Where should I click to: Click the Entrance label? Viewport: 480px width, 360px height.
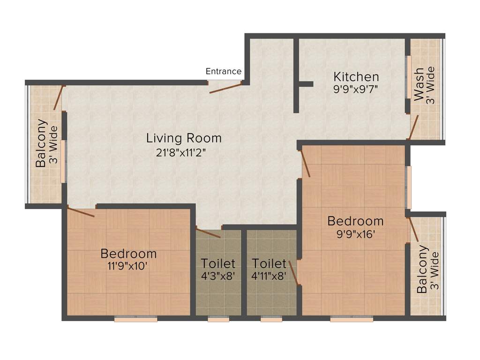[x=224, y=71]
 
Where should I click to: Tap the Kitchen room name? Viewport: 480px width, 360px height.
[x=356, y=76]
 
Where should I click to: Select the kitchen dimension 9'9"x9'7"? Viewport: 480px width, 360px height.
[x=356, y=89]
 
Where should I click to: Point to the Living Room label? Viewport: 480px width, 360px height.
[x=184, y=138]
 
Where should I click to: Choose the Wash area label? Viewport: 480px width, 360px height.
[x=419, y=85]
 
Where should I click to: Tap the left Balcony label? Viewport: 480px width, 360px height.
[x=41, y=143]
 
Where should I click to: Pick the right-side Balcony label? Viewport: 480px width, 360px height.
[x=422, y=269]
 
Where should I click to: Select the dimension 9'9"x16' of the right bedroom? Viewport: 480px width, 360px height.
[x=355, y=233]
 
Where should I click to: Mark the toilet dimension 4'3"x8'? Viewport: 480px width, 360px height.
[x=218, y=276]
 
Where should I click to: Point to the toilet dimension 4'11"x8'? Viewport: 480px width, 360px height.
[x=269, y=276]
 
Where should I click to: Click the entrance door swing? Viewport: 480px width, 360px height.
[x=225, y=88]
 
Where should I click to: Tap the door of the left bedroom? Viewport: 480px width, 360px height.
[x=82, y=212]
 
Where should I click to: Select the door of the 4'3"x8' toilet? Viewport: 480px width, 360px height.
[x=208, y=233]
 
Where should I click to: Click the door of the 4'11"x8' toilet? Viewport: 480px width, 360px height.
[x=293, y=273]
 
